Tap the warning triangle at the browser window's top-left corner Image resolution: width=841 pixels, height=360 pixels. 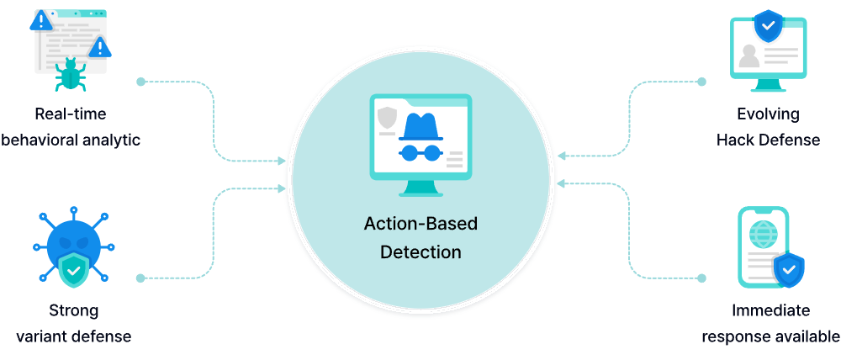click(40, 20)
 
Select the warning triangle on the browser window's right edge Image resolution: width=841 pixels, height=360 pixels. click(100, 46)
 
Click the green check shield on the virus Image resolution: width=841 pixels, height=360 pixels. click(74, 271)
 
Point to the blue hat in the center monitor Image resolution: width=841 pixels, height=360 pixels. click(420, 127)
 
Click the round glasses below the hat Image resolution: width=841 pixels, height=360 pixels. click(420, 153)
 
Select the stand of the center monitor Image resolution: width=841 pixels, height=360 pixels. click(420, 188)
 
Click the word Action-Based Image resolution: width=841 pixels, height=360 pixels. click(420, 224)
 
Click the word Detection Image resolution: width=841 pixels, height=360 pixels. click(420, 251)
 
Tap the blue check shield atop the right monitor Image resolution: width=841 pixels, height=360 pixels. click(767, 26)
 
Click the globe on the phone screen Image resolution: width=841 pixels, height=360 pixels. click(763, 233)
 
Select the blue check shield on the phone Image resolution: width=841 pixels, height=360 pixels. click(789, 270)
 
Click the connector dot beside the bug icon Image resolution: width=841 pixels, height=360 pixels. click(140, 82)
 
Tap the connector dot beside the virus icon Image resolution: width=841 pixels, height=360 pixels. click(140, 278)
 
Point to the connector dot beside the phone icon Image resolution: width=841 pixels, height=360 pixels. click(701, 278)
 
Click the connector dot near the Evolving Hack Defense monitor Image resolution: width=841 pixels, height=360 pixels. click(701, 82)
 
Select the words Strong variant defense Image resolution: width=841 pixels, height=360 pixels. click(73, 324)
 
